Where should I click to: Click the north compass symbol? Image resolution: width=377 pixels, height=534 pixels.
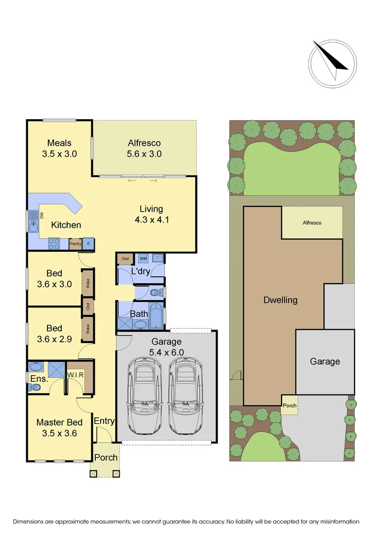click(332, 62)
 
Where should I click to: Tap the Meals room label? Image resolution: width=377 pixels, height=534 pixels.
click(59, 143)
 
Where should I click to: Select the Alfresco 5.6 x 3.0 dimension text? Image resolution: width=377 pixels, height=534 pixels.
click(144, 154)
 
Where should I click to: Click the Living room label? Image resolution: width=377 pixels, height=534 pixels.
click(151, 209)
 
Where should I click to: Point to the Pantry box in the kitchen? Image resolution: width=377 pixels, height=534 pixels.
click(75, 244)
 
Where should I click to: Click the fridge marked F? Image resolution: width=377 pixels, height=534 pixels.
click(88, 244)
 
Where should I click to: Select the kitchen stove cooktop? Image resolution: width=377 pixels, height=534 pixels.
click(54, 243)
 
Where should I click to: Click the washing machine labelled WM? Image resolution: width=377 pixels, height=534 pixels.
click(143, 259)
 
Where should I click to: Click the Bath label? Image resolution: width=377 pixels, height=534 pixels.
click(139, 313)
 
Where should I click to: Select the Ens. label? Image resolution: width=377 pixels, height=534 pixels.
click(39, 379)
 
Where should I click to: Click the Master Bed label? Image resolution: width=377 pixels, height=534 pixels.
click(59, 422)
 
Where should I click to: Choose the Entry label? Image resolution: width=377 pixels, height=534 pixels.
click(104, 421)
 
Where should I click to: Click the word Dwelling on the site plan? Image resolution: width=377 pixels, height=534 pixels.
click(280, 300)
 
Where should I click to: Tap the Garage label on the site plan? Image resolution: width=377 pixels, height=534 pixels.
click(325, 361)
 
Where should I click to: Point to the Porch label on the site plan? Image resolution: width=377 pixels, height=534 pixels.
click(290, 405)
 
